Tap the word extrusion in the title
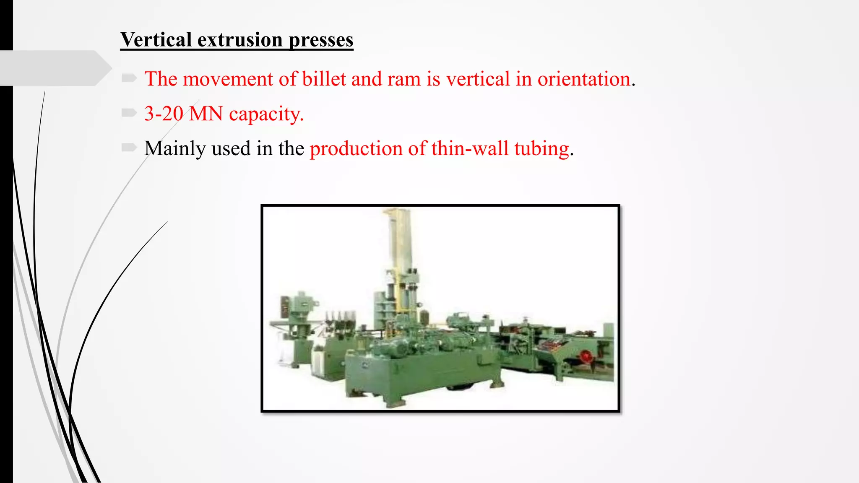point(240,40)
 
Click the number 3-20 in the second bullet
point(164,114)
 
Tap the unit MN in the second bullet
point(206,114)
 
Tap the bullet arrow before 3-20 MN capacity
point(129,112)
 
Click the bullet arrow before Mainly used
point(129,147)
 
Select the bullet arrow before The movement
point(129,78)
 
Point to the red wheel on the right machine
point(586,357)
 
